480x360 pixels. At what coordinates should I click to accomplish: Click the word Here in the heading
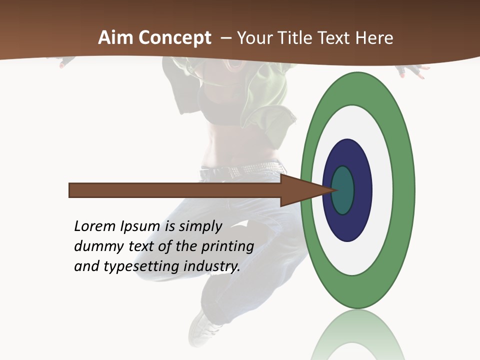pyautogui.click(x=374, y=38)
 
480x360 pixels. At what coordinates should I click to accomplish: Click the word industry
pyautogui.click(x=212, y=266)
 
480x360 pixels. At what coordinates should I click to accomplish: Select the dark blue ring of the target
pyautogui.click(x=361, y=190)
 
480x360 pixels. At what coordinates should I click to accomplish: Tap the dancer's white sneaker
pyautogui.click(x=206, y=327)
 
